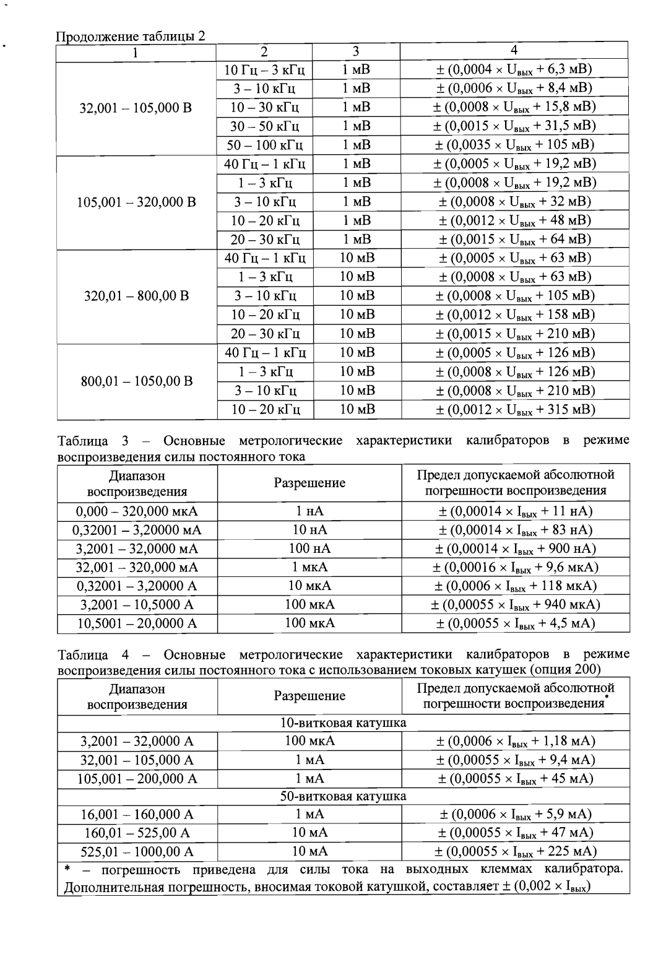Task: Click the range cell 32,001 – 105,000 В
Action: (136, 108)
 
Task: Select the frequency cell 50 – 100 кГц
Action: (265, 145)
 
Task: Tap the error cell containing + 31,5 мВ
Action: (514, 126)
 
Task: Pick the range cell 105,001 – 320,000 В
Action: (136, 202)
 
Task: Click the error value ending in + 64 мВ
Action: (514, 240)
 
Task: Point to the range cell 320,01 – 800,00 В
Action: (136, 296)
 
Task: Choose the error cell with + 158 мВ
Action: (514, 315)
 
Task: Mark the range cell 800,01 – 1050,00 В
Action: (136, 380)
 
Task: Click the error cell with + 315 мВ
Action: (514, 409)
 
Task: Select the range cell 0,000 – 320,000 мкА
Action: (137, 511)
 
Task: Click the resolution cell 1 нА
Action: (309, 511)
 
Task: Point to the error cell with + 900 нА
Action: (516, 549)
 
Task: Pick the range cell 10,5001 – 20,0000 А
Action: (137, 623)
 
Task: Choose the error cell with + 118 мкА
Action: (516, 586)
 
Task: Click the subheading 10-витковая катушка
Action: (344, 723)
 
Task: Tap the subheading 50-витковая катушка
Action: (344, 796)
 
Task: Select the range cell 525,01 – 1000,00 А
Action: (137, 852)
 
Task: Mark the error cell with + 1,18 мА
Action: (516, 741)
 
